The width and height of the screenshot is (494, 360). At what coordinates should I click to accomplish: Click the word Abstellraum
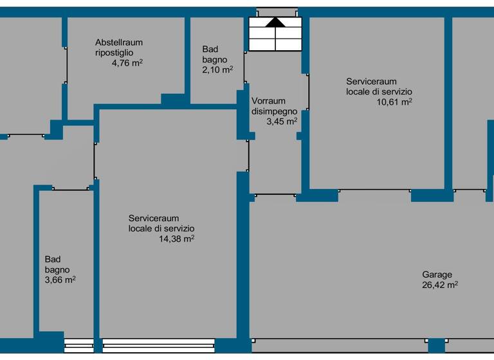tap(118, 42)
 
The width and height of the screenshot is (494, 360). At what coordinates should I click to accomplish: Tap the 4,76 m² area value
tap(127, 63)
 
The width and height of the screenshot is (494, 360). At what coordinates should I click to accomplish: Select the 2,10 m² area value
tap(217, 69)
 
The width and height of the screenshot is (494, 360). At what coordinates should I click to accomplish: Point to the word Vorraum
tap(268, 101)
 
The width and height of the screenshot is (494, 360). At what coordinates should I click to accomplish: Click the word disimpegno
tap(274, 111)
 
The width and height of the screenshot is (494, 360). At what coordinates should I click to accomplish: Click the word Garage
tap(437, 274)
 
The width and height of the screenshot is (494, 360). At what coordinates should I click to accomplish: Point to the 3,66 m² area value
tap(60, 280)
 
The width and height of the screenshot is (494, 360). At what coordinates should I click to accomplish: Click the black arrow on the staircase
tap(275, 22)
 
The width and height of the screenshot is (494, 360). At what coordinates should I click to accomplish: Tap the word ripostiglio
tap(114, 53)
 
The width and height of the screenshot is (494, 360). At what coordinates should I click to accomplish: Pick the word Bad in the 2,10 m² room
tap(210, 49)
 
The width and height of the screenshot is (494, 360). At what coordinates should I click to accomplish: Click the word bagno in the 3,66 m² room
tap(57, 269)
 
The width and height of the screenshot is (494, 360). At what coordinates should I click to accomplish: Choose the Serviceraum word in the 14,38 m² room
tap(154, 218)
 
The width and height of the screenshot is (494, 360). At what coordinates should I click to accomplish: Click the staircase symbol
tap(275, 34)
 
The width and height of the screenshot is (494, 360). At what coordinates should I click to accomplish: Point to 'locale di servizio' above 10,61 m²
tap(379, 91)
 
